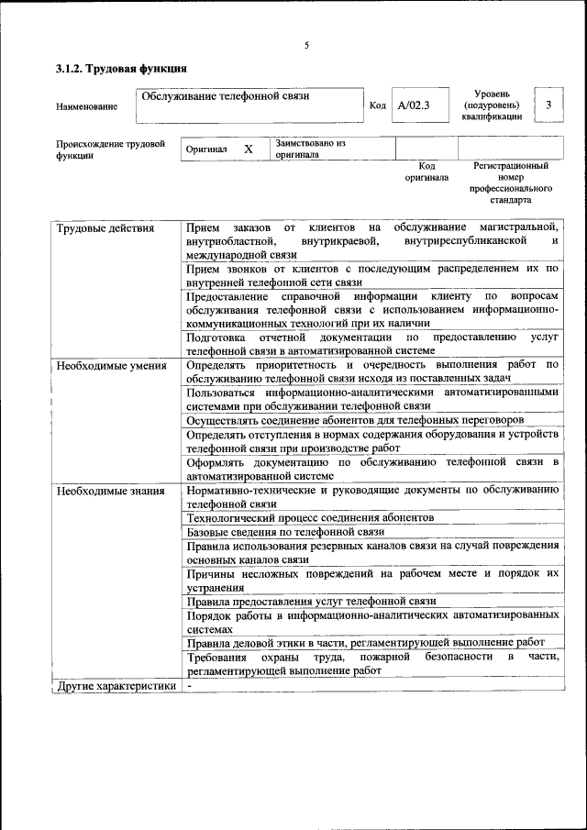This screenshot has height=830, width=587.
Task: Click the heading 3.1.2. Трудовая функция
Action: [122, 68]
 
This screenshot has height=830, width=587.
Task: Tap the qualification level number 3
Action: [548, 105]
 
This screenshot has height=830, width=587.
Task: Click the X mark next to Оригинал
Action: [248, 149]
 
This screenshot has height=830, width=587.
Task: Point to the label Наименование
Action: [86, 106]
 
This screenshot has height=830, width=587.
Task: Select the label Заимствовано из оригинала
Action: [310, 149]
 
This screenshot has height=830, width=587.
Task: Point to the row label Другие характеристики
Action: [116, 685]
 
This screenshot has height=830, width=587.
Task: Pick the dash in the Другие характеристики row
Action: [189, 685]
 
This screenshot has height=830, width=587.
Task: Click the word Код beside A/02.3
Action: [377, 105]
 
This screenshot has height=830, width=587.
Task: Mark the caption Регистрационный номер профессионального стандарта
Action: [511, 183]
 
